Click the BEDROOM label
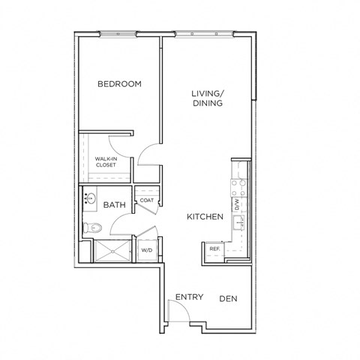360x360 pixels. pyautogui.click(x=120, y=84)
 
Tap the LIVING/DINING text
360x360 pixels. pyautogui.click(x=206, y=98)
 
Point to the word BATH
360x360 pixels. pyautogui.click(x=114, y=205)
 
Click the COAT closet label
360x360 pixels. pyautogui.click(x=146, y=200)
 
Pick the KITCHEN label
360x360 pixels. pyautogui.click(x=205, y=217)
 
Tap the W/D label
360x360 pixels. pyautogui.click(x=146, y=250)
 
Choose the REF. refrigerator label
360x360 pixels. pyautogui.click(x=214, y=249)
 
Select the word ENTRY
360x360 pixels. pyautogui.click(x=189, y=297)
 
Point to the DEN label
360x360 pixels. pyautogui.click(x=228, y=298)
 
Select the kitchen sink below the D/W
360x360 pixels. pyautogui.click(x=238, y=222)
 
